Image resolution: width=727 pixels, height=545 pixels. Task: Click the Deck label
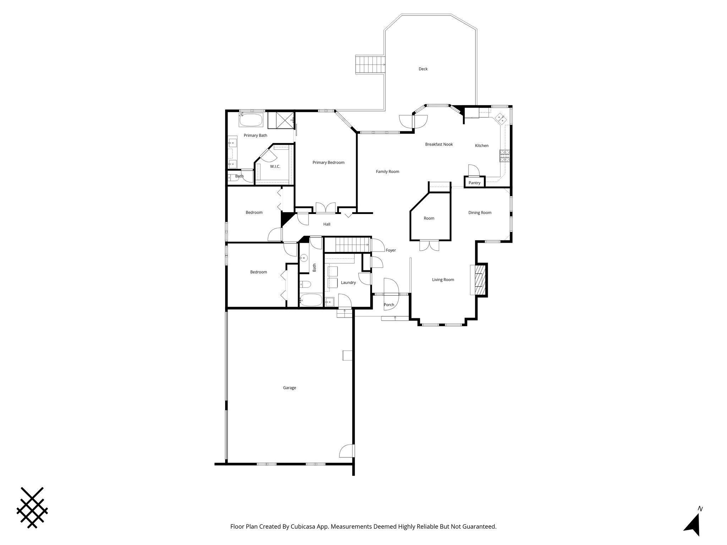423,69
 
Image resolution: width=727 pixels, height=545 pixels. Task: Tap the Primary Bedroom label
328,163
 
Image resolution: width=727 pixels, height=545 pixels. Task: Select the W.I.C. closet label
275,166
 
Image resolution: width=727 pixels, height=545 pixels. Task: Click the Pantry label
474,183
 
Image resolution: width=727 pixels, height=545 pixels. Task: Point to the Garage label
289,388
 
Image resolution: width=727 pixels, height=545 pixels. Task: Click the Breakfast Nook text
439,144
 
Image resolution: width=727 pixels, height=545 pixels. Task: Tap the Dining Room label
480,213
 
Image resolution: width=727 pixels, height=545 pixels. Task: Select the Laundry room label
348,282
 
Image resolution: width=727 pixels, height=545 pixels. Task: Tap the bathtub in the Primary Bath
251,120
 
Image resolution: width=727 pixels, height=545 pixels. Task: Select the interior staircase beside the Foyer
348,245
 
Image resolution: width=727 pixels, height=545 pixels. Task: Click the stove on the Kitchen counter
504,156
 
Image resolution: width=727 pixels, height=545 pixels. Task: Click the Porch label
389,305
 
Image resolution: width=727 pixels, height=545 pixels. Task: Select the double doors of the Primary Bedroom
326,208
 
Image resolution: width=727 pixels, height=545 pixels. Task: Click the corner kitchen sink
501,117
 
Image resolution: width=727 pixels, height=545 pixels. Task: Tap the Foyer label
390,250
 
